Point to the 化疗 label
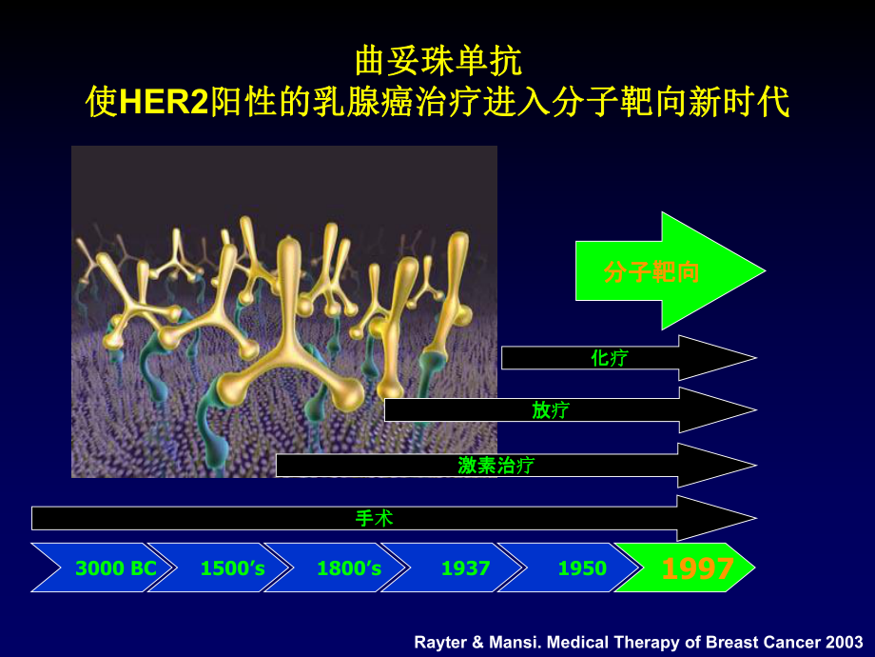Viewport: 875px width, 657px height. tap(610, 358)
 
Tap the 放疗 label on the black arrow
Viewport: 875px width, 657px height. tap(551, 410)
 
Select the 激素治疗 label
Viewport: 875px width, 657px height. tap(496, 465)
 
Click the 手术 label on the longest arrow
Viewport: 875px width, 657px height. tap(374, 518)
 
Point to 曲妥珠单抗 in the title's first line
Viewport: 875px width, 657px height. tap(437, 62)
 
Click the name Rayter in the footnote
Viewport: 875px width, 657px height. tap(443, 642)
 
